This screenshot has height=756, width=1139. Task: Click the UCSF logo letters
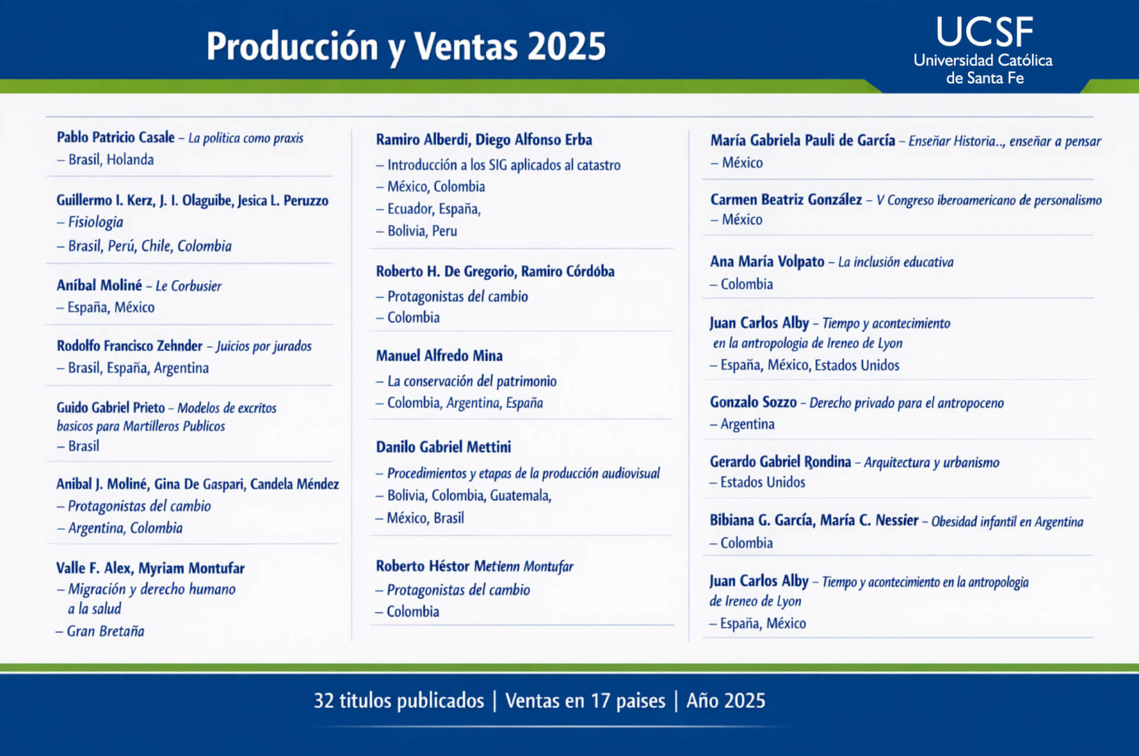pos(984,32)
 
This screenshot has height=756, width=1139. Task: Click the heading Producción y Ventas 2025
pos(406,46)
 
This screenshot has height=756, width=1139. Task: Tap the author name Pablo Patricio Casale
pos(116,137)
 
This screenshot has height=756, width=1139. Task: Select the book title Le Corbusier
pos(189,286)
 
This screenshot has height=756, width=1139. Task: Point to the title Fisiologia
pos(96,222)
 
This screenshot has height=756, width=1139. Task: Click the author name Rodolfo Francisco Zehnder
pos(129,345)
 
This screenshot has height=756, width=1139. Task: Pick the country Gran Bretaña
pos(106,631)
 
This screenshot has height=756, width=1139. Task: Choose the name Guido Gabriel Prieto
pos(110,407)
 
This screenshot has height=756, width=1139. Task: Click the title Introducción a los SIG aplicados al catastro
pos(504,165)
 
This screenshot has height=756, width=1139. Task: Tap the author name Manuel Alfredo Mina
pos(439,355)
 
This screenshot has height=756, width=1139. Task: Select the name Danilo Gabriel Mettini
pos(443,447)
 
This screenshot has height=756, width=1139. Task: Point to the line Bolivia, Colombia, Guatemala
pos(469,495)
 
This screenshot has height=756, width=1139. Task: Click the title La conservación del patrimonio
pos(472,381)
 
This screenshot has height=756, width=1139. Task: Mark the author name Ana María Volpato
pos(767,262)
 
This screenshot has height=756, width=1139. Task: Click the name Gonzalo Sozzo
pos(753,402)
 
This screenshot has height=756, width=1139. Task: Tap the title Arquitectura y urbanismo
pos(931,462)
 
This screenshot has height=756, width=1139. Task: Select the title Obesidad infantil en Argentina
pos(1007,522)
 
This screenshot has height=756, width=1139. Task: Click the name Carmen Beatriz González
pos(786,199)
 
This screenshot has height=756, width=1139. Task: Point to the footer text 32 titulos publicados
pos(399,701)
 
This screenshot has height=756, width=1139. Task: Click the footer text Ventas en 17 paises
pos(586,701)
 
